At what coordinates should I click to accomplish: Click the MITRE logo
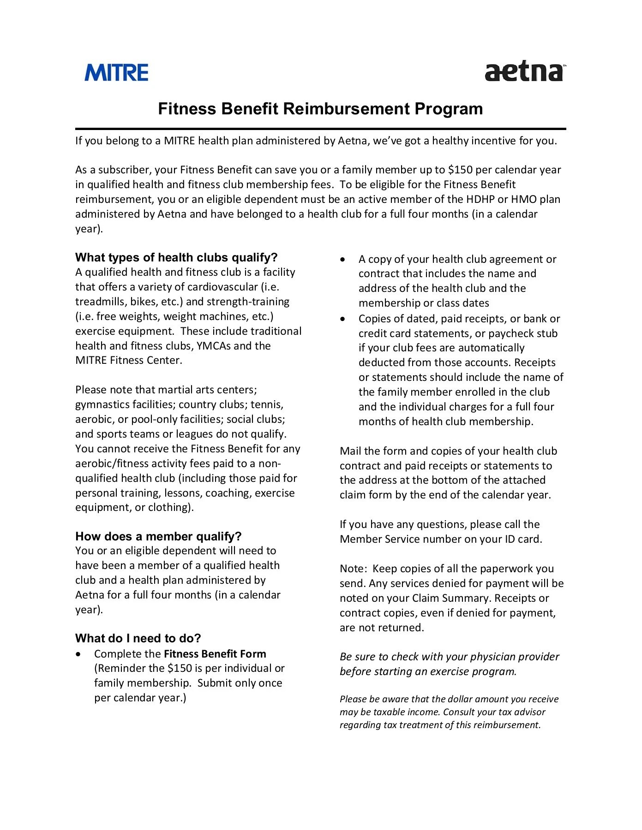point(116,73)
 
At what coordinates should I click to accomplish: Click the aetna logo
point(524,72)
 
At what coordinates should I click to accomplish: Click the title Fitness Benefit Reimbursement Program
point(320,109)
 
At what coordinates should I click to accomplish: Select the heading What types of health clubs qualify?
point(176,257)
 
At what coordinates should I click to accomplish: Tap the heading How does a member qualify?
point(158,536)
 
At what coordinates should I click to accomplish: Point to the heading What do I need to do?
point(138,638)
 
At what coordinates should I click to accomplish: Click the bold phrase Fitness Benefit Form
point(215,654)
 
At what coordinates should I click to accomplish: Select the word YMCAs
point(214,346)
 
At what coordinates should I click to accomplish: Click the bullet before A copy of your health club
point(342,260)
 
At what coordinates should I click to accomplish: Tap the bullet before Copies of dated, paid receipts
point(342,319)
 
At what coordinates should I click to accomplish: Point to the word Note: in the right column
point(353,569)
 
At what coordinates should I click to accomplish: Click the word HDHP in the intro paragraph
point(480,199)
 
